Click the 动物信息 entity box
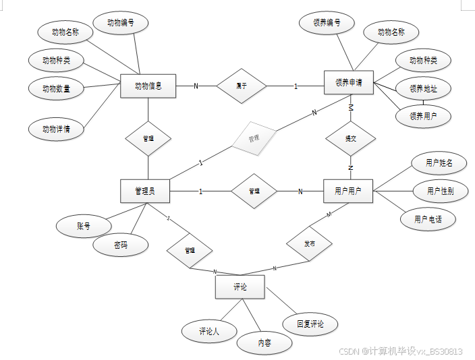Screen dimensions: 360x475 (x=148, y=86)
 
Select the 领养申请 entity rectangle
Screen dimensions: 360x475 (x=348, y=83)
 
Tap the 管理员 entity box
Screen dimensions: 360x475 (x=145, y=191)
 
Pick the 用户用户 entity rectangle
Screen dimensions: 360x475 (x=348, y=191)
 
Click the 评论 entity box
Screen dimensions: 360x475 (x=240, y=287)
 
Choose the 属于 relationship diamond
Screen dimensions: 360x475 (x=241, y=86)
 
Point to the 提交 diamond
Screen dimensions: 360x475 (x=350, y=138)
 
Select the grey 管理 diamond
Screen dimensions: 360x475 (x=254, y=139)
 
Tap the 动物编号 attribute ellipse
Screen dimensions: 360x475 (x=121, y=22)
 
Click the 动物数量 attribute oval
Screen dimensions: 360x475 (x=57, y=88)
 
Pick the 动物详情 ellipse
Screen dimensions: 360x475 (x=57, y=129)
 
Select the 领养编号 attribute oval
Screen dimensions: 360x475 (x=327, y=22)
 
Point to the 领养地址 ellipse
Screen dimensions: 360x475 (x=423, y=88)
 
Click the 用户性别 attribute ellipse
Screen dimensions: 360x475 (x=440, y=191)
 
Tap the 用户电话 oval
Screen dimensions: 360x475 (x=428, y=219)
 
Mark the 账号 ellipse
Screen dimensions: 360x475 (x=84, y=227)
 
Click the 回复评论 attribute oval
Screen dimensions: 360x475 (x=310, y=324)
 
